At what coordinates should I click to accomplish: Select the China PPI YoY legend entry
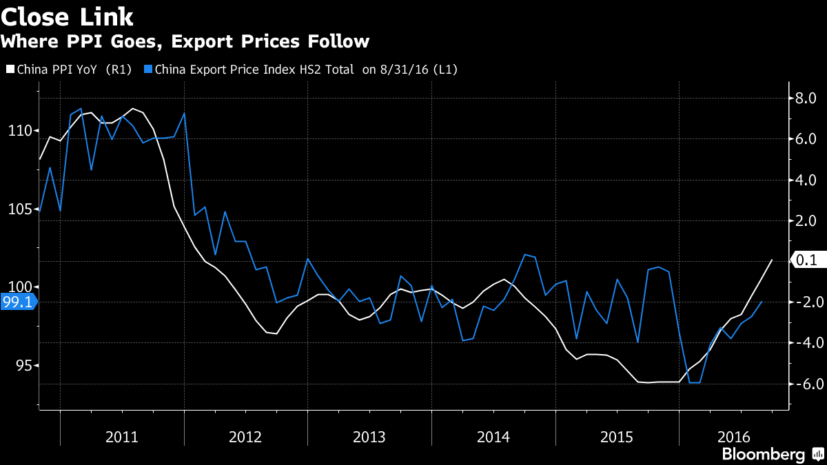click(x=68, y=69)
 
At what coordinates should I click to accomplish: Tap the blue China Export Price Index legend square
click(x=148, y=69)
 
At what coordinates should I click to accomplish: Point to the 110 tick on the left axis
click(x=19, y=130)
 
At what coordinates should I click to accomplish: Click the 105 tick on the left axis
click(x=19, y=209)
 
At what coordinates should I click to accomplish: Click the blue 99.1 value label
click(x=17, y=302)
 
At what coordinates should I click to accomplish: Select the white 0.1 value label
click(x=806, y=260)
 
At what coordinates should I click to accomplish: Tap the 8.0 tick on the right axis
click(x=806, y=99)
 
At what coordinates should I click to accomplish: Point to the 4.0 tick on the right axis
click(x=806, y=180)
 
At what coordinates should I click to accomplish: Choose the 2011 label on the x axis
click(x=121, y=437)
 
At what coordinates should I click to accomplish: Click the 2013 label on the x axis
click(x=369, y=437)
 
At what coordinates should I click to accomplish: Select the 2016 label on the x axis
click(x=733, y=437)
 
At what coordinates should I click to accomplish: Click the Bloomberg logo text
click(x=763, y=455)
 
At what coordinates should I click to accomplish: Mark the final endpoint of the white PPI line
click(x=772, y=260)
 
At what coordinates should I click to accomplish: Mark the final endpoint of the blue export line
click(x=762, y=302)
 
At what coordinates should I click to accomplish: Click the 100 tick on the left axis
click(x=19, y=287)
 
